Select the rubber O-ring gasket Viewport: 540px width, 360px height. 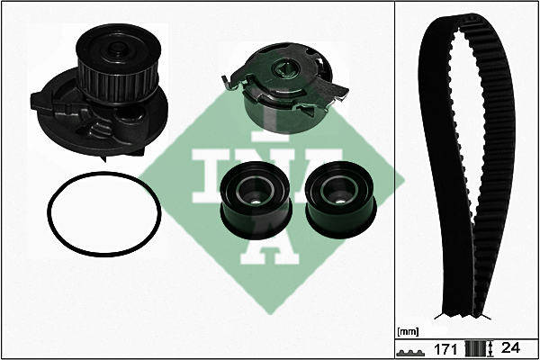pyautogui.click(x=104, y=215)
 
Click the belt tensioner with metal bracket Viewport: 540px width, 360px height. pyautogui.click(x=284, y=87)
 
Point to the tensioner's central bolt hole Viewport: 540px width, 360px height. pyautogui.click(x=284, y=68)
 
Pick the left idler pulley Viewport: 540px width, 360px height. pyautogui.click(x=256, y=201)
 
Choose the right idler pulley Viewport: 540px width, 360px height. pyautogui.click(x=340, y=200)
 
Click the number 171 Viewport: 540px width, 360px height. pyautogui.click(x=445, y=349)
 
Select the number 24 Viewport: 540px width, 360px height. pyautogui.click(x=510, y=348)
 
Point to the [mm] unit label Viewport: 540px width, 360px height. pyautogui.click(x=408, y=332)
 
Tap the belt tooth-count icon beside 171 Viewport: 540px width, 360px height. pyautogui.click(x=410, y=353)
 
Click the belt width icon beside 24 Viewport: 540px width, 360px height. pyautogui.click(x=479, y=348)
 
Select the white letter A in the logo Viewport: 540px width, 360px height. pyautogui.click(x=269, y=241)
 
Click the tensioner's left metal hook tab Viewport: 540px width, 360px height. pyautogui.click(x=228, y=83)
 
